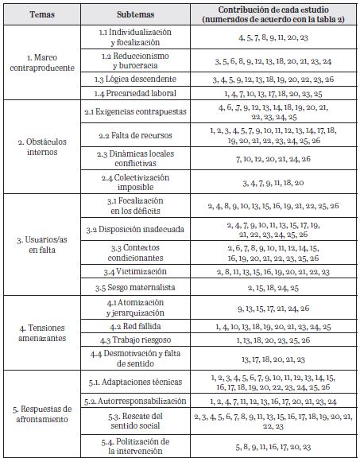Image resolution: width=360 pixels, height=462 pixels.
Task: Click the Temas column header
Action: click(x=40, y=14)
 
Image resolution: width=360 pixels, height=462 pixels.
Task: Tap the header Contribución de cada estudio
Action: click(x=274, y=14)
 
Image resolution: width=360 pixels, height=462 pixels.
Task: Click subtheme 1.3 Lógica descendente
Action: click(x=136, y=80)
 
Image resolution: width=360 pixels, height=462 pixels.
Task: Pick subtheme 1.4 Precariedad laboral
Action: click(x=136, y=94)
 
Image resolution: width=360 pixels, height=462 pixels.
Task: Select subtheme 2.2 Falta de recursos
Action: click(x=136, y=135)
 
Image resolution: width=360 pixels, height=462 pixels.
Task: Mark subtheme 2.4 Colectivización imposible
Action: click(x=136, y=182)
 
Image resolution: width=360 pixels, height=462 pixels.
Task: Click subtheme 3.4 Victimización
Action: click(x=136, y=272)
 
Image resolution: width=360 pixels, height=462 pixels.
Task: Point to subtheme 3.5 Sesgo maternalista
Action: click(x=136, y=286)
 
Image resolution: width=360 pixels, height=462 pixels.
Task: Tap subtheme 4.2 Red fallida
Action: click(x=136, y=327)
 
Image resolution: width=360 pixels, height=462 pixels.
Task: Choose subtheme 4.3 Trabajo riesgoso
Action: click(x=136, y=340)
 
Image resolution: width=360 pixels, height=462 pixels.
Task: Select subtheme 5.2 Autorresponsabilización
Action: click(x=136, y=402)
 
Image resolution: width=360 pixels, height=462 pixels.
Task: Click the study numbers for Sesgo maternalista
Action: click(x=274, y=286)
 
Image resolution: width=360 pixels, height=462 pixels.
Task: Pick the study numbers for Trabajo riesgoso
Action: click(x=274, y=340)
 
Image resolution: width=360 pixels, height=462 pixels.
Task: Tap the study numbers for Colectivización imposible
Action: click(x=274, y=182)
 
